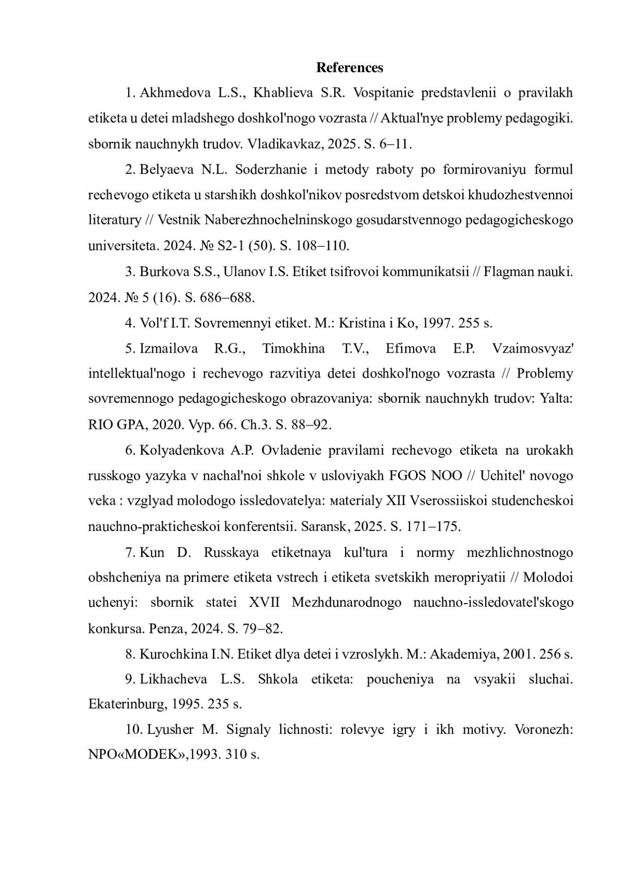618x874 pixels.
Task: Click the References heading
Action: [x=349, y=67]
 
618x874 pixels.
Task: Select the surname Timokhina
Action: [x=294, y=349]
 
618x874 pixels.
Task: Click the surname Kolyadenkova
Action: [x=182, y=450]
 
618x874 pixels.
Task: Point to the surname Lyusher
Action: [x=170, y=730]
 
